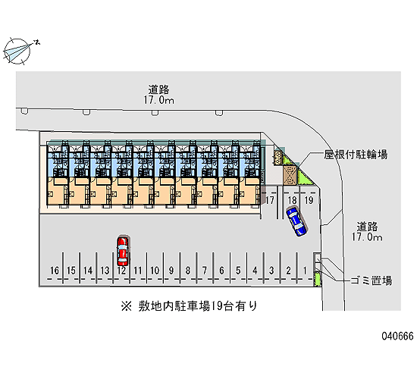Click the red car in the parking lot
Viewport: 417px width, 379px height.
(x=123, y=252)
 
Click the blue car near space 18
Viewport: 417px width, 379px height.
(x=296, y=221)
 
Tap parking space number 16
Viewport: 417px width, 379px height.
(x=55, y=270)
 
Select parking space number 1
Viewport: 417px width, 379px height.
(x=305, y=270)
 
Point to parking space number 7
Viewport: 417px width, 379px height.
(x=205, y=270)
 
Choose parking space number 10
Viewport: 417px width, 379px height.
(x=155, y=270)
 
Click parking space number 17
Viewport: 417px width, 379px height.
(x=270, y=200)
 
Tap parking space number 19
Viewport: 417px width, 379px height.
(x=309, y=200)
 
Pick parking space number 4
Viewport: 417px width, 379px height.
(x=255, y=270)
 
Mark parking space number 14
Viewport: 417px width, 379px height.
(x=88, y=270)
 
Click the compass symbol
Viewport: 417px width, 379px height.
(x=17, y=52)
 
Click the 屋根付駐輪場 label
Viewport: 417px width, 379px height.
(x=356, y=155)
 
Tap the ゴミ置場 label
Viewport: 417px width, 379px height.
(x=371, y=280)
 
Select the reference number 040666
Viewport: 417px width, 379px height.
(x=397, y=336)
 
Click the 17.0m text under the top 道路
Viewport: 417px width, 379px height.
(x=159, y=100)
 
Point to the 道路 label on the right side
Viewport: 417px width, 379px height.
(x=367, y=227)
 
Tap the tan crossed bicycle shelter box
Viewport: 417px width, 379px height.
(x=290, y=175)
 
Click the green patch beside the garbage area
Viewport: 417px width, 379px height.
(x=317, y=279)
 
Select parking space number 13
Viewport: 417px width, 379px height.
(x=105, y=270)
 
